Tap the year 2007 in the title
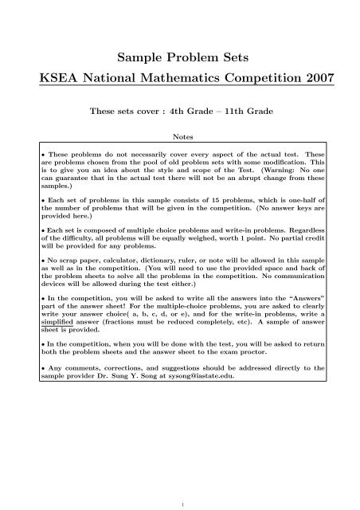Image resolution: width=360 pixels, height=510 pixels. point(321,80)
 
